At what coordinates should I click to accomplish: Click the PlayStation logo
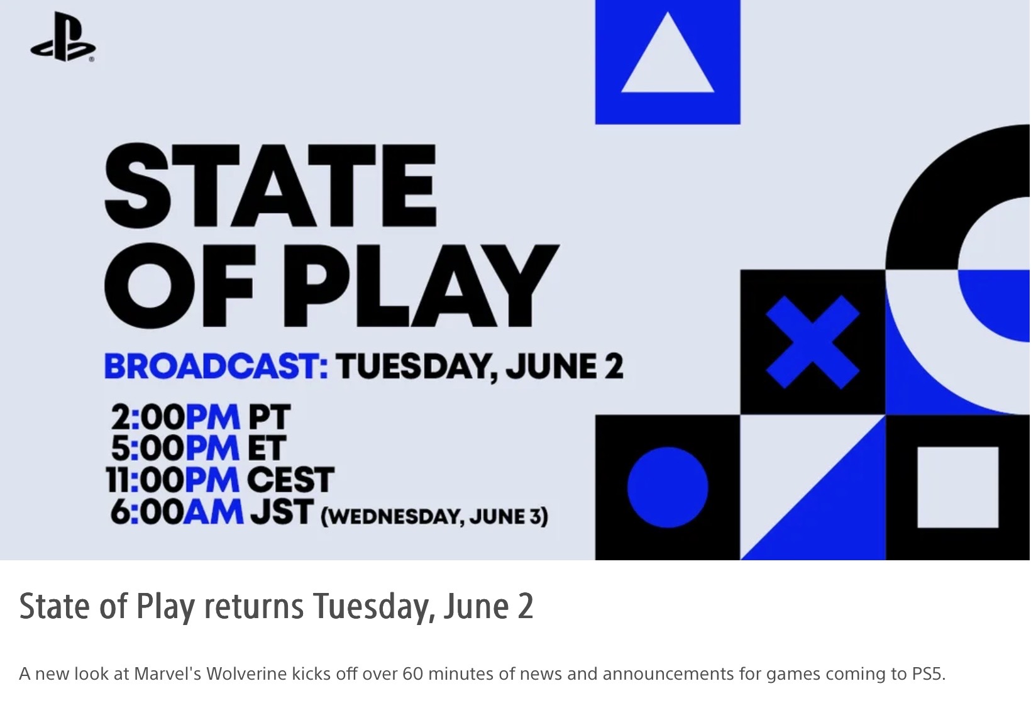63,37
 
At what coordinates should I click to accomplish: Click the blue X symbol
812,342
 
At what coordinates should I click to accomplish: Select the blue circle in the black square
668,487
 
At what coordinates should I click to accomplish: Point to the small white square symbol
958,487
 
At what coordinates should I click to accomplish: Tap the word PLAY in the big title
421,285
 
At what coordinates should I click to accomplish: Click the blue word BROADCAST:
216,367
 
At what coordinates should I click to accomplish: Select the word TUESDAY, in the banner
417,367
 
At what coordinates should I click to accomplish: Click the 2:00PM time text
175,417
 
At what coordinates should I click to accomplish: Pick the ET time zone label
267,448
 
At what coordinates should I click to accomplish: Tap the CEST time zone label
290,479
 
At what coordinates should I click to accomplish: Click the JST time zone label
282,511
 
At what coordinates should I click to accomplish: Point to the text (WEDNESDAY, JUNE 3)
434,516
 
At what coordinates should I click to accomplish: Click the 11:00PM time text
173,479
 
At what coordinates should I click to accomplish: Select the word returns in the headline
253,606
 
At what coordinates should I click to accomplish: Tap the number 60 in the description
412,674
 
